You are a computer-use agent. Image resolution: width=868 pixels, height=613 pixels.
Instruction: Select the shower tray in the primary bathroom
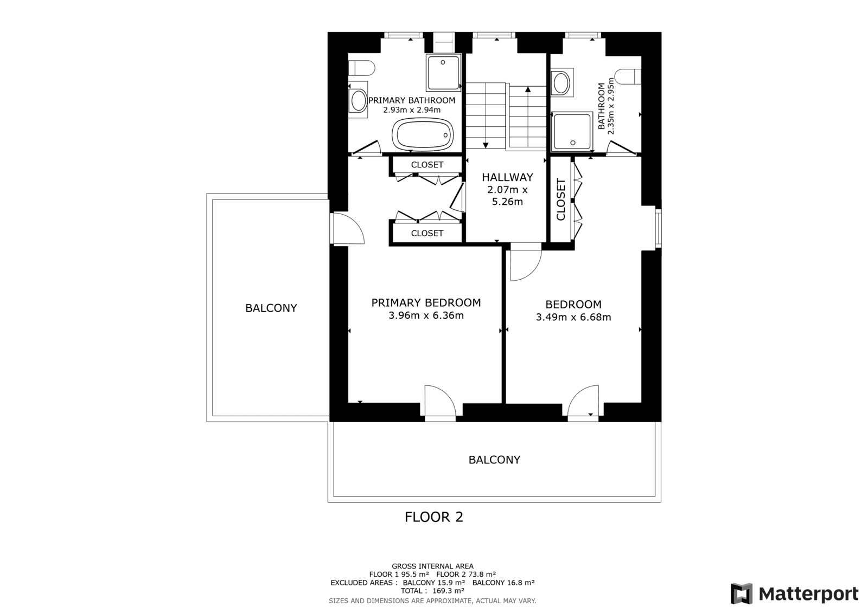pyautogui.click(x=443, y=73)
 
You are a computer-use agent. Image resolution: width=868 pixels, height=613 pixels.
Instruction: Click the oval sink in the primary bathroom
pyautogui.click(x=359, y=100)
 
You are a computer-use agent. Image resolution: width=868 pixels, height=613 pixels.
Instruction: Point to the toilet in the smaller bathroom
pyautogui.click(x=628, y=76)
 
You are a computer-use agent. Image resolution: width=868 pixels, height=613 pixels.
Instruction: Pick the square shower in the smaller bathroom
pyautogui.click(x=572, y=131)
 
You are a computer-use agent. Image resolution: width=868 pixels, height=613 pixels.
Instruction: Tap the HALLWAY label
pyautogui.click(x=507, y=177)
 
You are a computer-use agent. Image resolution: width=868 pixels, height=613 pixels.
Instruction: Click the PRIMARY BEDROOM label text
pyautogui.click(x=426, y=302)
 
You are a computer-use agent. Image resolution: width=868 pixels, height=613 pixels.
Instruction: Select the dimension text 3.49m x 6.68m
pyautogui.click(x=573, y=317)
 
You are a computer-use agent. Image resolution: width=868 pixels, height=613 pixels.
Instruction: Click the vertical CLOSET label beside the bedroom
pyautogui.click(x=561, y=199)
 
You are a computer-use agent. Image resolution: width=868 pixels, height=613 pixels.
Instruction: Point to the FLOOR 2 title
pyautogui.click(x=433, y=517)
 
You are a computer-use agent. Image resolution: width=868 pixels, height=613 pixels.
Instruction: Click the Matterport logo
pyautogui.click(x=795, y=593)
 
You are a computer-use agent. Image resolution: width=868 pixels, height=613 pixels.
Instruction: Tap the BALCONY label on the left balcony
pyautogui.click(x=271, y=308)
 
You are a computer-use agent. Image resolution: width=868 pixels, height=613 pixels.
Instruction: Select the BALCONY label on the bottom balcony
pyautogui.click(x=494, y=460)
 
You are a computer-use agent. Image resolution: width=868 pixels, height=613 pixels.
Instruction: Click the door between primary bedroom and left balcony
pyautogui.click(x=347, y=228)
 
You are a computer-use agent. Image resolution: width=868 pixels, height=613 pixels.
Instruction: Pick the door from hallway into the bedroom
pyautogui.click(x=526, y=261)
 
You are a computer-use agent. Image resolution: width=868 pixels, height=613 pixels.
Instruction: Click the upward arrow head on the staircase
pyautogui.click(x=528, y=89)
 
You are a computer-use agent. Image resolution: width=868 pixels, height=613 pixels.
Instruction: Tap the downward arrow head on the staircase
pyautogui.click(x=485, y=145)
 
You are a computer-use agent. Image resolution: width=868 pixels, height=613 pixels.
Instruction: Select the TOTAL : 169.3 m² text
pyautogui.click(x=432, y=591)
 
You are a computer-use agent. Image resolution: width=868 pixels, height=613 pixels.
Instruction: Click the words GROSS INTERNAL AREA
pyautogui.click(x=432, y=566)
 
